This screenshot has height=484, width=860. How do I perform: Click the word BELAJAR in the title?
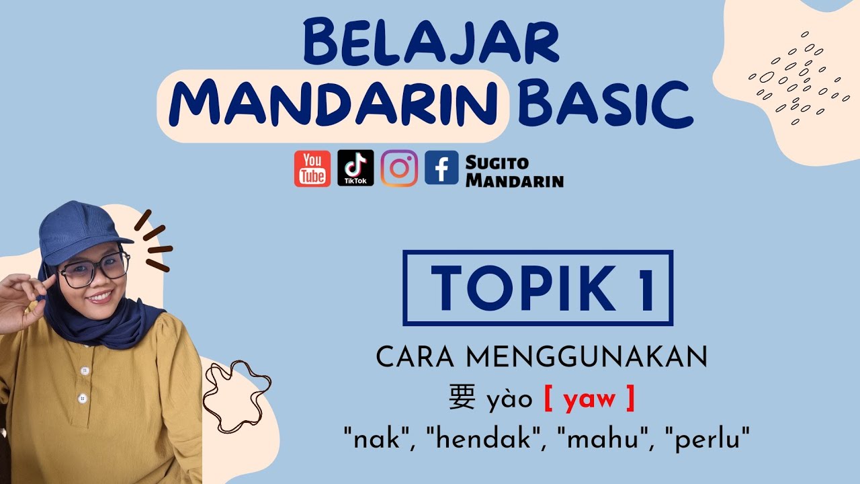pyautogui.click(x=430, y=42)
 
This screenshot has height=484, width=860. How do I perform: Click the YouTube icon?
pyautogui.click(x=312, y=168)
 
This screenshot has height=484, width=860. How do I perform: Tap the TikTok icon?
pyautogui.click(x=355, y=168)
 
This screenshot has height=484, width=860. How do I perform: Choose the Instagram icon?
pyautogui.click(x=399, y=168)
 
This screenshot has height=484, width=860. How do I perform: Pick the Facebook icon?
pyautogui.click(x=441, y=168)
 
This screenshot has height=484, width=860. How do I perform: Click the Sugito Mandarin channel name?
pyautogui.click(x=514, y=171)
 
